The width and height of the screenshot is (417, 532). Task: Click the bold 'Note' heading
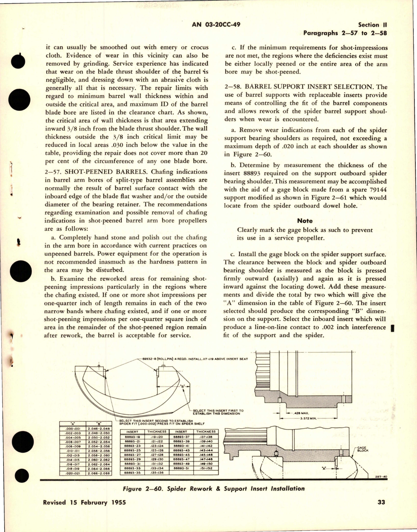pos(305,221)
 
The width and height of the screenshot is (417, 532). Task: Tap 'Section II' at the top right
pos(373,25)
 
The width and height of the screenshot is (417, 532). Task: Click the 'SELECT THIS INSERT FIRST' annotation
pos(218,411)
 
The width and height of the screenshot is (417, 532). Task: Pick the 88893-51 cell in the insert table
pos(181,468)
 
